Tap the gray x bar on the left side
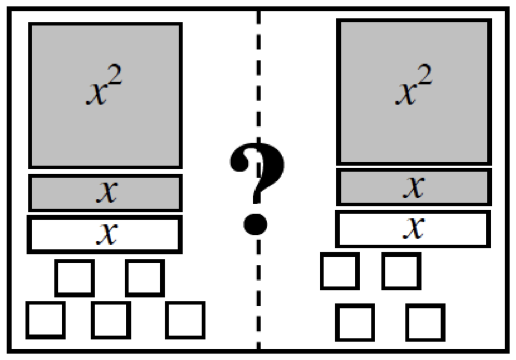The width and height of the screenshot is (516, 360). (x=105, y=192)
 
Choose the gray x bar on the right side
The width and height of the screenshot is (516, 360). (x=413, y=186)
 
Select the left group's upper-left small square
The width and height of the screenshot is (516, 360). (x=75, y=277)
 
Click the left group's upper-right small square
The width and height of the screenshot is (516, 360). (x=145, y=277)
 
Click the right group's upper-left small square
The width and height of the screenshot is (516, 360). (x=340, y=271)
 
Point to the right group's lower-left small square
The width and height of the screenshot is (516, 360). (x=355, y=322)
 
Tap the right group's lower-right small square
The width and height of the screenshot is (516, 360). (x=425, y=322)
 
